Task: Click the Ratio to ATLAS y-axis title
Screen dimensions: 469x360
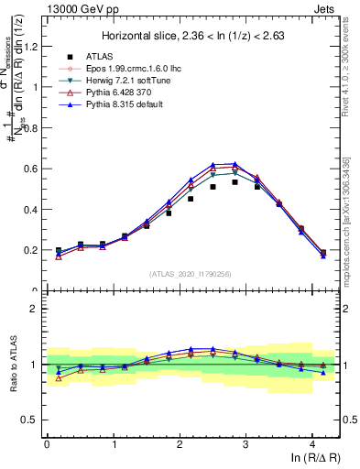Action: (12, 365)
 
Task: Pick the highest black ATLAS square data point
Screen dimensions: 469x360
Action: (235, 181)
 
